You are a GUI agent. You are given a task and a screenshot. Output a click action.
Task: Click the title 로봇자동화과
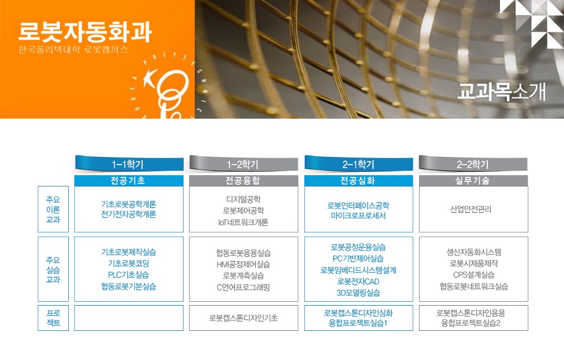(85, 32)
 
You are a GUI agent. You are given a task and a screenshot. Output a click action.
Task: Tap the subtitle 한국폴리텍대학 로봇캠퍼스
(73, 50)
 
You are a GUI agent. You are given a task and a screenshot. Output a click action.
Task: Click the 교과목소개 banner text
(502, 92)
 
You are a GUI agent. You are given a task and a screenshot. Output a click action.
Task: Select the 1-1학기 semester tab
(129, 164)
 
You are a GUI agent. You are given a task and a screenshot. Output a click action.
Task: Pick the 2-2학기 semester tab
(473, 164)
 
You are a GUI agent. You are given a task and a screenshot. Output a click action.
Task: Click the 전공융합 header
(243, 180)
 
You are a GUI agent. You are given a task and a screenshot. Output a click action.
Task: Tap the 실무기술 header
(473, 180)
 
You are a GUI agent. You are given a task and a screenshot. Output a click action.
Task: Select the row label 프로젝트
(53, 318)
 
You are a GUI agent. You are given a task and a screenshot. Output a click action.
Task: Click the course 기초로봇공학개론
(129, 204)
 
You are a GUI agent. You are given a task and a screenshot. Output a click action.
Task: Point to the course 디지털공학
(243, 199)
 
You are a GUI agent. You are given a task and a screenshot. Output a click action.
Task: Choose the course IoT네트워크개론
(243, 222)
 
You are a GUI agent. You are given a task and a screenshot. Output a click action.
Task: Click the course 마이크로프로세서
(358, 216)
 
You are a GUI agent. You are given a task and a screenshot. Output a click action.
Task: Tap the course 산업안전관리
(471, 209)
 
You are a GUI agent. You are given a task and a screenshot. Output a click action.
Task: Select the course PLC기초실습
(129, 275)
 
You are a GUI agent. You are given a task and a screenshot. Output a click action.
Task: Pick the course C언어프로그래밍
(243, 287)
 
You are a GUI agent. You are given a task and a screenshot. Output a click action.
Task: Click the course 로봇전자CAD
(358, 281)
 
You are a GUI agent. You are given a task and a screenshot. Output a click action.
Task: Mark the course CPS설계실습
(474, 275)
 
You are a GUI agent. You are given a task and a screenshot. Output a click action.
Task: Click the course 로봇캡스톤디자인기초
(243, 318)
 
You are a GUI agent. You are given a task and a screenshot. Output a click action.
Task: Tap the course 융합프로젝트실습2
(471, 323)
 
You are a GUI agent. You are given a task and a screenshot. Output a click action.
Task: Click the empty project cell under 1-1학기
(129, 318)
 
